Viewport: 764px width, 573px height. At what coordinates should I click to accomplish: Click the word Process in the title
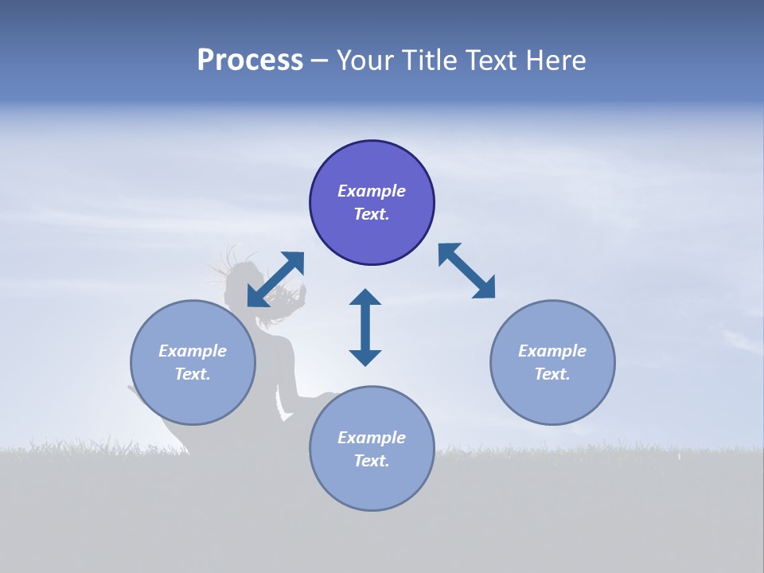pyautogui.click(x=250, y=60)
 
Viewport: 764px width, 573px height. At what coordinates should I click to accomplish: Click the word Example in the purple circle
pyautogui.click(x=372, y=191)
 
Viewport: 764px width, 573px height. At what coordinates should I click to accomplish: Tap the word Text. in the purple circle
pyautogui.click(x=372, y=214)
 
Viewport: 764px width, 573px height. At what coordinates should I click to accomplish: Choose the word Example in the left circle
pyautogui.click(x=193, y=351)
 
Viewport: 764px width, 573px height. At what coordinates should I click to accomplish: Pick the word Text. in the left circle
pyautogui.click(x=193, y=374)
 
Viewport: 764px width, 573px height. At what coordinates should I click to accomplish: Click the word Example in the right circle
pyautogui.click(x=552, y=351)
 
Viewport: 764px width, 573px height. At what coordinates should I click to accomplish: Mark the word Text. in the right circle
pyautogui.click(x=552, y=374)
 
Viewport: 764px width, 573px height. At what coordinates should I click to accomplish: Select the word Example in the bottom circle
pyautogui.click(x=372, y=438)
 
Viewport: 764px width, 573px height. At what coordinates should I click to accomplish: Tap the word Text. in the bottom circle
pyautogui.click(x=372, y=461)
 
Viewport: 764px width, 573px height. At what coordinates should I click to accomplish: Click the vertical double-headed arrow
pyautogui.click(x=365, y=327)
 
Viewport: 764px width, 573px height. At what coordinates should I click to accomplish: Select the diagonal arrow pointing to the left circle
pyautogui.click(x=275, y=279)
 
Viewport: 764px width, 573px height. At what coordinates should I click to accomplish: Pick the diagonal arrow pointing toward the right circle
pyautogui.click(x=467, y=271)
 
